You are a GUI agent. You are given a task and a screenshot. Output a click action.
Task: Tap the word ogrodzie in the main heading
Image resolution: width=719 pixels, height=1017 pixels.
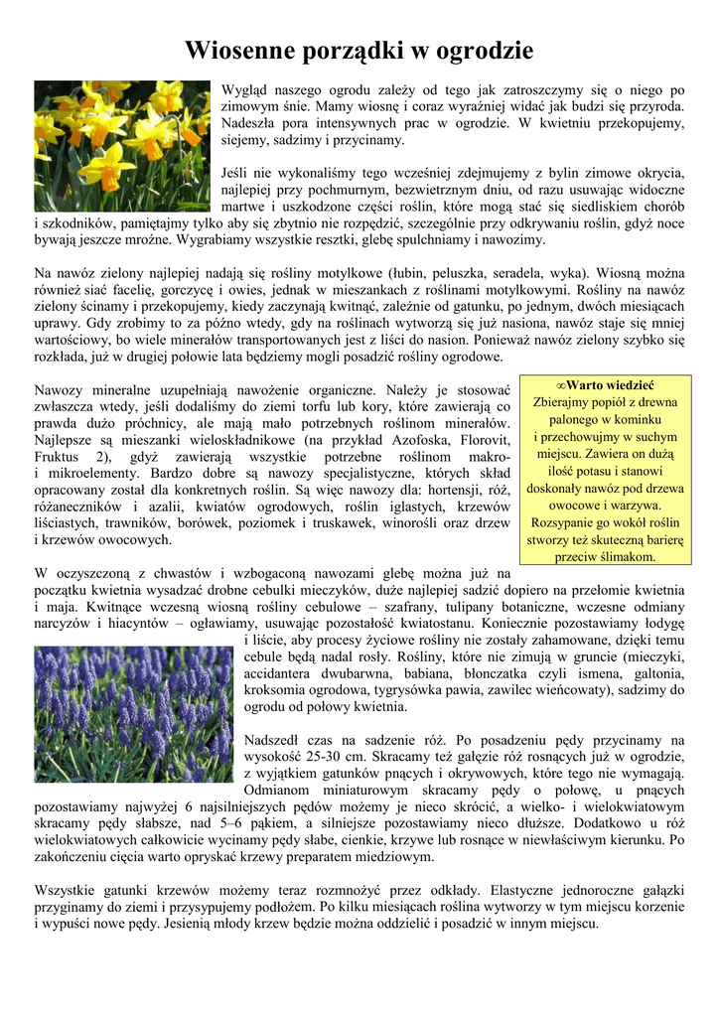click(x=481, y=51)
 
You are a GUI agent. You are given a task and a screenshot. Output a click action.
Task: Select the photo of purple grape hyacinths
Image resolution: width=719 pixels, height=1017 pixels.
click(x=133, y=714)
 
